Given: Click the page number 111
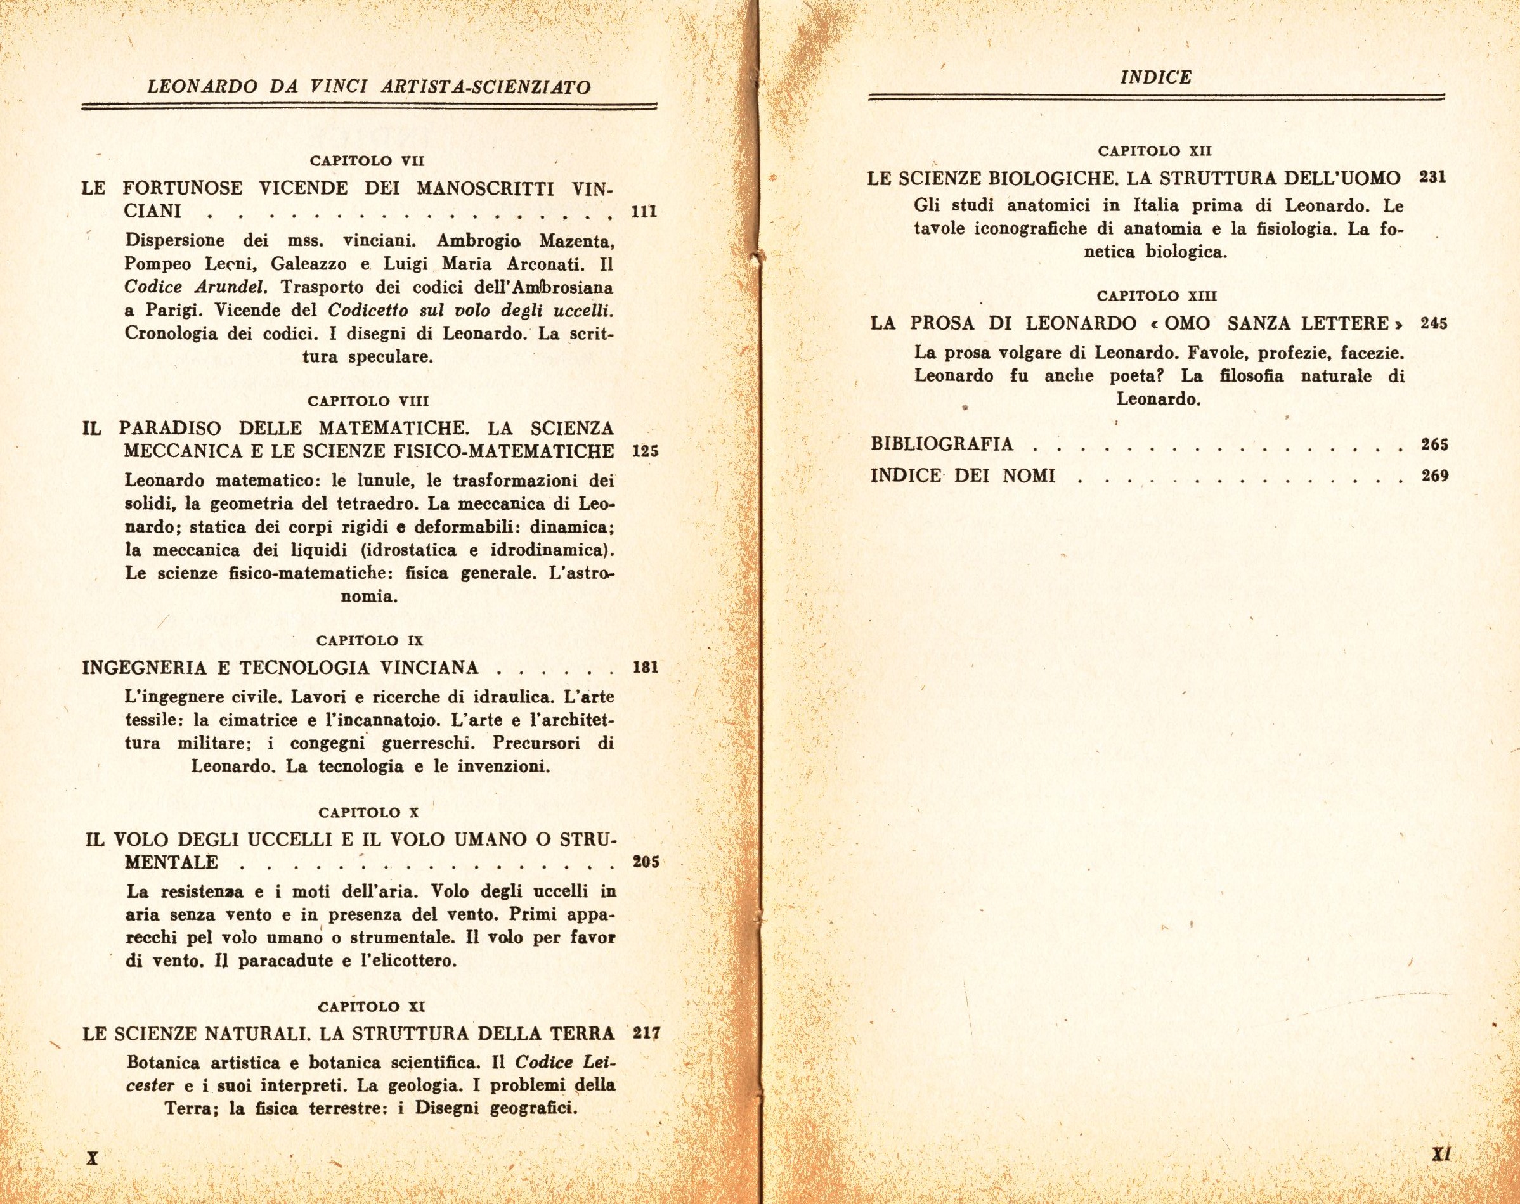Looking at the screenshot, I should pos(644,212).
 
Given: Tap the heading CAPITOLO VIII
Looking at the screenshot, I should pos(368,401).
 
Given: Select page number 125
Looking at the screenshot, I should pos(645,451).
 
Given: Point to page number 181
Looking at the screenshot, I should pos(645,668).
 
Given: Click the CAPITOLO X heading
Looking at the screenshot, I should pos(368,812).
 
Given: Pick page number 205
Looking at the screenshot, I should pos(645,862).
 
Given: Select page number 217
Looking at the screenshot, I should pos(646,1033).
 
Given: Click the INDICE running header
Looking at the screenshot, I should pos(1155,77).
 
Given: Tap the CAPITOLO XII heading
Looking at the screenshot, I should pos(1155,151).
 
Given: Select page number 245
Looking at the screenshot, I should pos(1434,323).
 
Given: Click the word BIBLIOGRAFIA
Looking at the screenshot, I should pos(942,444).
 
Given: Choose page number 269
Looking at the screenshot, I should pos(1434,476).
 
